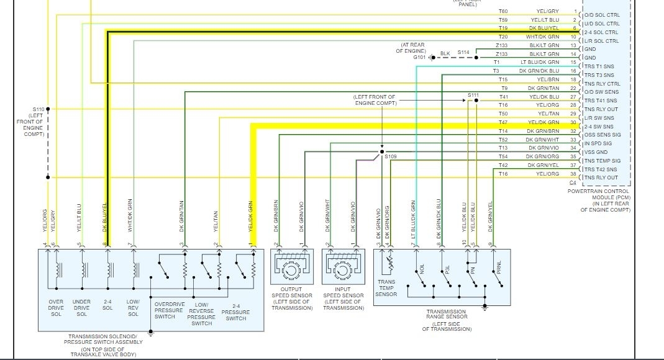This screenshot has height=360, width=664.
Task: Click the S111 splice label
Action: [x=473, y=94]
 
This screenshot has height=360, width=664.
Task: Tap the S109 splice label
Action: [x=390, y=157]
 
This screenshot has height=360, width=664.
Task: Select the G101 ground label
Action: [x=420, y=56]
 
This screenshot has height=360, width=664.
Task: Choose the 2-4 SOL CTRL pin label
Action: [x=601, y=32]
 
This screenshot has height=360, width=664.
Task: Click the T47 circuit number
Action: [x=503, y=122]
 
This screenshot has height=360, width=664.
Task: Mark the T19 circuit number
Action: [x=503, y=29]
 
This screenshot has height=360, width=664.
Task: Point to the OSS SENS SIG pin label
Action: [x=603, y=135]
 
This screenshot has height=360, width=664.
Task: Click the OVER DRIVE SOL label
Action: [x=57, y=308]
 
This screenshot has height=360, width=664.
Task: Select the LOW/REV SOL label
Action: [x=133, y=308]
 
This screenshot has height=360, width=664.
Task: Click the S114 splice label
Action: [x=463, y=52]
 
